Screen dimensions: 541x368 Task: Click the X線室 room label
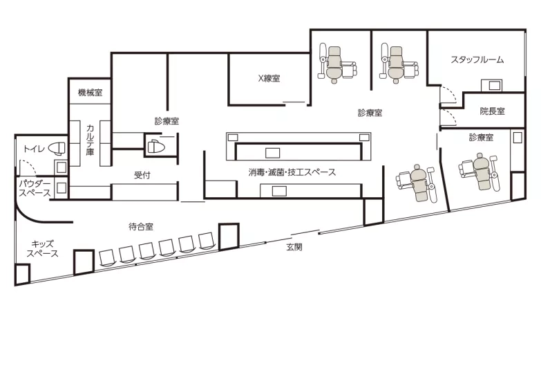(x=269, y=78)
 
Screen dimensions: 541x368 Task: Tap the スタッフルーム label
(x=477, y=59)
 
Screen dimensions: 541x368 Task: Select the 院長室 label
(x=493, y=111)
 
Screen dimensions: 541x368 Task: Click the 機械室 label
(x=90, y=92)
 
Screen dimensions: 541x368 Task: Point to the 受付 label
(x=142, y=175)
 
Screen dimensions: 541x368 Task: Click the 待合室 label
(x=141, y=227)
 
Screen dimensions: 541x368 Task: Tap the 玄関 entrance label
(x=294, y=247)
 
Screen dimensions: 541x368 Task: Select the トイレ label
(x=34, y=149)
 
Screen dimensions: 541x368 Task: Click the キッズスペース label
(x=42, y=248)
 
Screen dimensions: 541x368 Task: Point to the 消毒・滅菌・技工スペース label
(x=292, y=172)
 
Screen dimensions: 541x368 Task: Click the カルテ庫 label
(x=90, y=140)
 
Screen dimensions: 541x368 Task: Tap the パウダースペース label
(x=35, y=188)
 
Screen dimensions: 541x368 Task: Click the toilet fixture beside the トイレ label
(x=57, y=149)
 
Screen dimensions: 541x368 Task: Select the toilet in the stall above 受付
(x=157, y=146)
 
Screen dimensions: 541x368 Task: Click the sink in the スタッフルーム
(x=492, y=85)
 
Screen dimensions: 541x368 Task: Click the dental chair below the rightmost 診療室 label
(x=480, y=172)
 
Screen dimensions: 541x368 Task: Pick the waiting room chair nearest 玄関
(x=207, y=241)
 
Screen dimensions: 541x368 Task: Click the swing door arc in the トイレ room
(x=28, y=166)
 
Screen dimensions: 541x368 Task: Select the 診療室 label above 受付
(x=167, y=121)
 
